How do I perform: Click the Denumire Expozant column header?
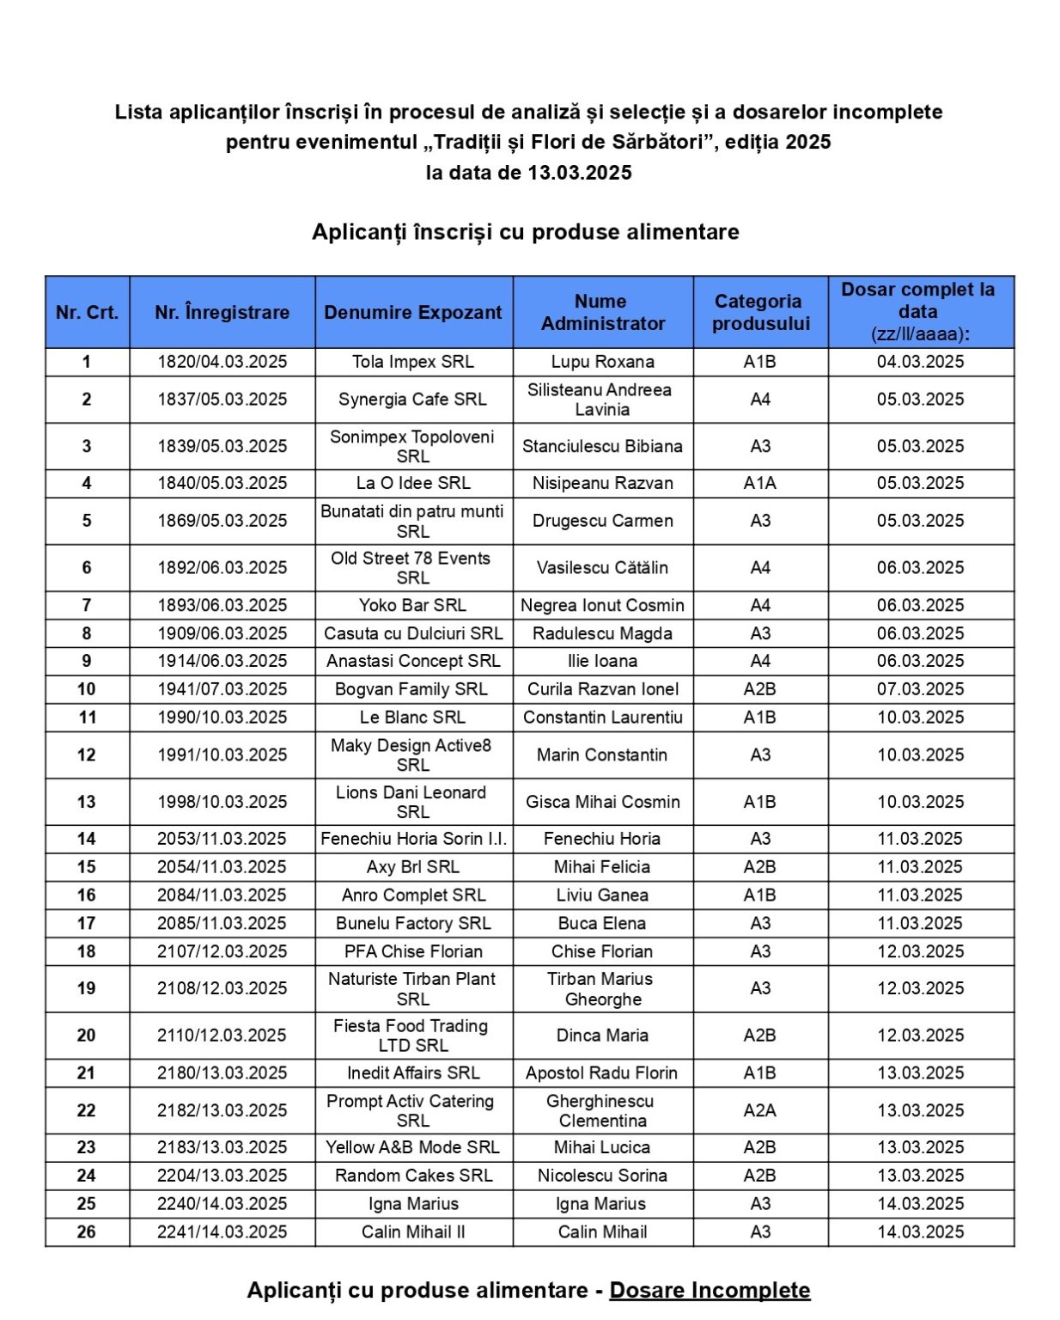click(x=413, y=312)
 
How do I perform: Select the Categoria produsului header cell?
click(x=760, y=312)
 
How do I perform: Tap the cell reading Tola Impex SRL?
click(x=413, y=362)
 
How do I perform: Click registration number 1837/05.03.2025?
click(x=222, y=400)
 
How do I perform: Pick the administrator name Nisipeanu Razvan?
click(x=602, y=483)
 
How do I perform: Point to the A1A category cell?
click(x=760, y=483)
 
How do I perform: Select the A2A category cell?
click(x=760, y=1110)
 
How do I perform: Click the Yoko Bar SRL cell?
click(x=413, y=605)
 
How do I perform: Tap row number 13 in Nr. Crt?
click(x=87, y=802)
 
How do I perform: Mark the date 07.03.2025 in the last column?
click(x=920, y=689)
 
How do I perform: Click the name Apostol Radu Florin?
click(x=601, y=1072)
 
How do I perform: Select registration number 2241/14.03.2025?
click(x=222, y=1231)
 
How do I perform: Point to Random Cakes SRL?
click(x=413, y=1175)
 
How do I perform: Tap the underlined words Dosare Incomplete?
click(x=710, y=1290)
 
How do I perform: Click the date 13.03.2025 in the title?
click(x=580, y=173)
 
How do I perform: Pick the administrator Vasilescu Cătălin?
click(x=602, y=567)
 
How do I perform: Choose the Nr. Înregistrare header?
click(x=222, y=312)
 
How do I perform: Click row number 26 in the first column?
click(x=87, y=1231)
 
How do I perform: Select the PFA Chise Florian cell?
click(x=413, y=951)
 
